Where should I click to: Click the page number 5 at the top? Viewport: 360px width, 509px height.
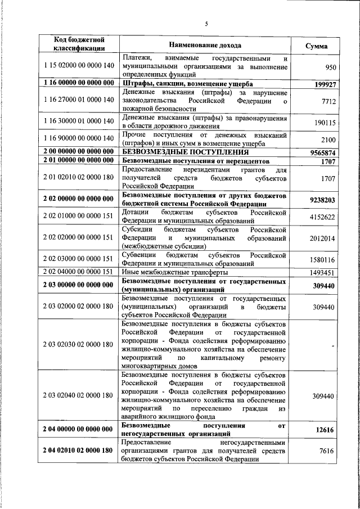click(x=206, y=23)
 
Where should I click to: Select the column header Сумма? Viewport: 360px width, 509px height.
click(x=316, y=46)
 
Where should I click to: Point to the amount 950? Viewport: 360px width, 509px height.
click(x=331, y=68)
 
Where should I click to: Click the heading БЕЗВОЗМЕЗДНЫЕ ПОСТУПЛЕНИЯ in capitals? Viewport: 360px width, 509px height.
click(x=186, y=152)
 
